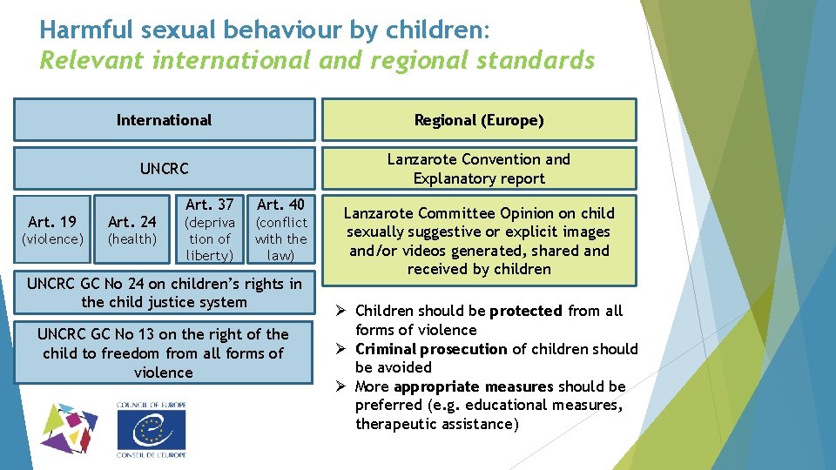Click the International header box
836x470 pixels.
[x=164, y=120]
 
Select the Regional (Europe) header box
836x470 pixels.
[x=478, y=120]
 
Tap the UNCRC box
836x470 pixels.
[x=164, y=168]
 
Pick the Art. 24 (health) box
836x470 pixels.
[x=131, y=230]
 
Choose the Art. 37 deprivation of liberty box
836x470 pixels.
[x=211, y=230]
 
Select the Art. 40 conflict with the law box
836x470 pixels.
[x=280, y=230]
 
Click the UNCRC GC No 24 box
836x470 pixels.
[x=164, y=293]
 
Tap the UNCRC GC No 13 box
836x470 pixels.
[x=164, y=353]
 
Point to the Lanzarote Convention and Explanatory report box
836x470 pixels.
[x=478, y=169]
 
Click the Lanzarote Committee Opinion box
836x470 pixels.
[x=478, y=241]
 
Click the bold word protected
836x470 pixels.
[x=525, y=311]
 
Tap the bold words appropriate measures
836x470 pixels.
[x=473, y=386]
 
